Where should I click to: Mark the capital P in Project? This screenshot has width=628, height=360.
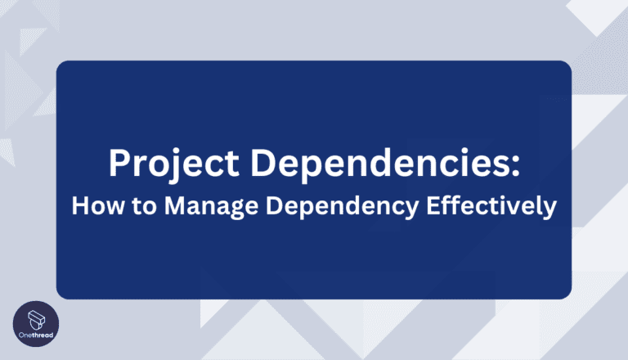point(120,166)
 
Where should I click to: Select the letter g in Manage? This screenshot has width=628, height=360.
point(220,209)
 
